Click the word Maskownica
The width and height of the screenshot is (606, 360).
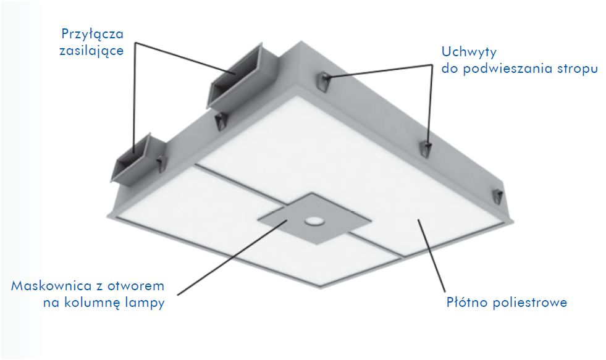[51, 286]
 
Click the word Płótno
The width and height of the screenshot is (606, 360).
[466, 303]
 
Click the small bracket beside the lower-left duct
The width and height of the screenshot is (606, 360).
[161, 163]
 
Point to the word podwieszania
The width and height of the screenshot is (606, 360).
[499, 69]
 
